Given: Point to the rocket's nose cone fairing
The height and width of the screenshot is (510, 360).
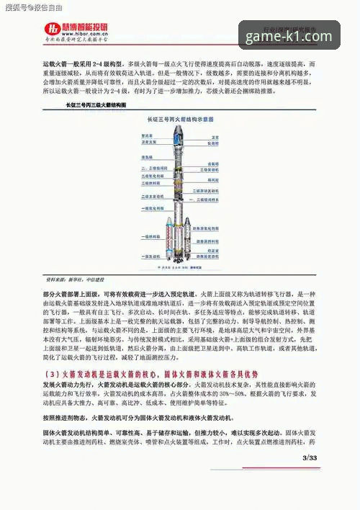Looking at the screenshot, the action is click(x=179, y=134).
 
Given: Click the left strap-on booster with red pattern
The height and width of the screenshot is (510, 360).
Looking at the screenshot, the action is click(x=170, y=236).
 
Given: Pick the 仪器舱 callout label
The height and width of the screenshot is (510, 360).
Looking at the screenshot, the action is click(x=213, y=143).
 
